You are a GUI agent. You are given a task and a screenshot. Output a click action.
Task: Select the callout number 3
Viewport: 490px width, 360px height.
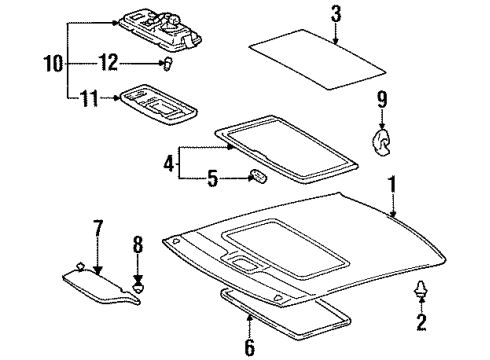[x=336, y=13]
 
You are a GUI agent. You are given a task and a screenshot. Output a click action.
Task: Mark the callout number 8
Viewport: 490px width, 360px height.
[x=139, y=243]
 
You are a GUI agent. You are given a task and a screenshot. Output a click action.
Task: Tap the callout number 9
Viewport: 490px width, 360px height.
[x=381, y=99]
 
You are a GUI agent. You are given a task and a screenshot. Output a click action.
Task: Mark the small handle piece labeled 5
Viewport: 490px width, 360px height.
[x=257, y=178]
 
